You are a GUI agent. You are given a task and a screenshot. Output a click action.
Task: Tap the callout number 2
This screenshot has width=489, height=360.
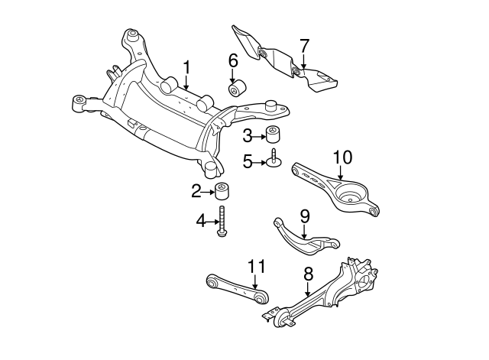click(196, 190)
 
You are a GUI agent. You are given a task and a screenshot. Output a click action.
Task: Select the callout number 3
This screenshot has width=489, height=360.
click(247, 136)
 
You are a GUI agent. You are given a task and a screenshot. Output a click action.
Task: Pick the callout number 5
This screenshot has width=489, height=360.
click(247, 161)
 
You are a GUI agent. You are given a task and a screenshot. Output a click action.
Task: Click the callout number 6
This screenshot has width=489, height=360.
click(233, 60)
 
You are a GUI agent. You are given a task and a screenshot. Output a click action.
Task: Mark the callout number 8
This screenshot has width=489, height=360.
click(308, 273)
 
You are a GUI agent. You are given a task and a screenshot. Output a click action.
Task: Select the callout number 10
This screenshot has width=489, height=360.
click(342, 158)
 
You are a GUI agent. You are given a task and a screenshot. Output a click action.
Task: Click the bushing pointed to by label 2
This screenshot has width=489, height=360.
click(222, 191)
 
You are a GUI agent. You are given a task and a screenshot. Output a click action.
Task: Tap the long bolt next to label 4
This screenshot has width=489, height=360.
click(222, 222)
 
